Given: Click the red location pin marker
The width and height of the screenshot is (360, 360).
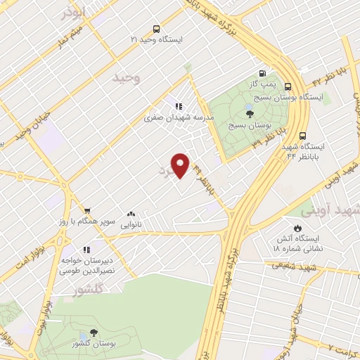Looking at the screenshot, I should (181, 165).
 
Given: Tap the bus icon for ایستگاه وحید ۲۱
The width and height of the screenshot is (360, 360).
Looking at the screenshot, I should (155, 30).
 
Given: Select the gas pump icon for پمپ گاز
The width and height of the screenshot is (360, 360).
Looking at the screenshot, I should (262, 72).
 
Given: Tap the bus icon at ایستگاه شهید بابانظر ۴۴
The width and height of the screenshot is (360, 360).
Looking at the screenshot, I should (302, 136).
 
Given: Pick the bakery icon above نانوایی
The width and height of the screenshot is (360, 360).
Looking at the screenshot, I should (130, 214).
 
